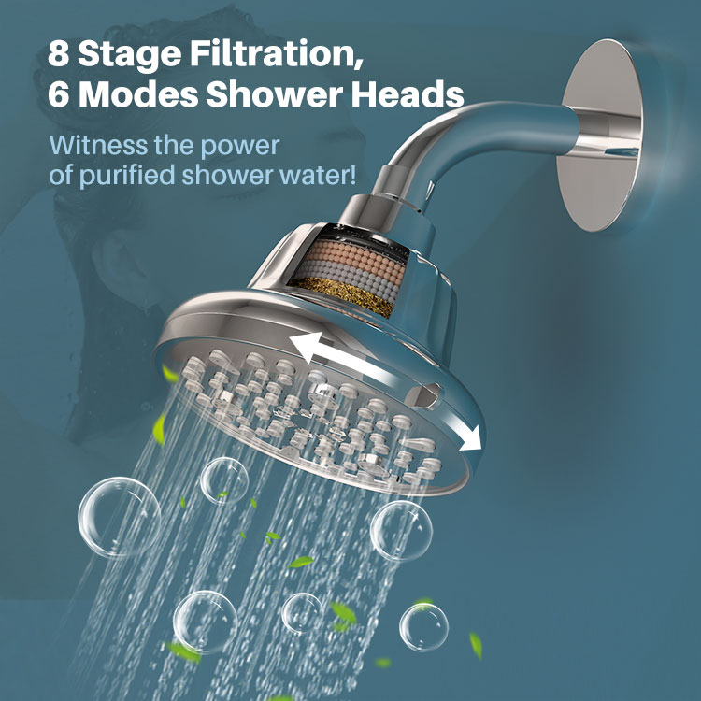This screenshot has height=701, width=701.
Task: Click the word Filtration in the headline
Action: (277, 53)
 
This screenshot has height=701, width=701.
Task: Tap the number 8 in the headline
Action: (59, 53)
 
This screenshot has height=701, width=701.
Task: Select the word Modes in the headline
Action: (141, 94)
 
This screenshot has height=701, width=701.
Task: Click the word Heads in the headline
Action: (408, 94)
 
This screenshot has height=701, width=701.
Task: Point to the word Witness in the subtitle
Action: (98, 145)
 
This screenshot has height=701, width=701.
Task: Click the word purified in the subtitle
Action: (126, 176)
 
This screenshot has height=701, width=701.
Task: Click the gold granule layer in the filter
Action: (344, 295)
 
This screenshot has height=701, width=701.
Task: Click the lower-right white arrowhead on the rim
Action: (471, 438)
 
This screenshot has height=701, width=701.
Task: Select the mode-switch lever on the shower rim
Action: (423, 395)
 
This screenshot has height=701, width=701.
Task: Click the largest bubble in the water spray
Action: (120, 517)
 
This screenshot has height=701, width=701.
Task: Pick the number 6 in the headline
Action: (59, 94)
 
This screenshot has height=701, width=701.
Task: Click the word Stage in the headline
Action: (130, 54)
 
